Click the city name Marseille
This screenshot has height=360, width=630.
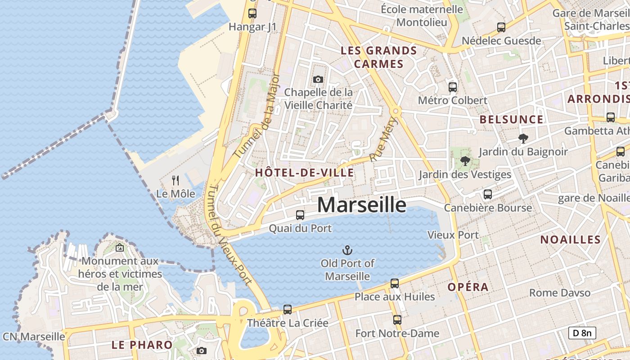click(362, 205)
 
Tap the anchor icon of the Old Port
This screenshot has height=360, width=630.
click(347, 250)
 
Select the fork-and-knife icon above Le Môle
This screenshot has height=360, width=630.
click(175, 180)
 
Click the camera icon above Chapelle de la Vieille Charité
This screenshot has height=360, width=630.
click(318, 80)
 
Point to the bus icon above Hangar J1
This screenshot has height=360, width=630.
click(252, 13)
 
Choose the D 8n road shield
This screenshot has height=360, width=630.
click(582, 333)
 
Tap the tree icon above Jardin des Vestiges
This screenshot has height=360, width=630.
click(465, 161)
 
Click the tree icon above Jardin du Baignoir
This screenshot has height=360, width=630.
click(523, 138)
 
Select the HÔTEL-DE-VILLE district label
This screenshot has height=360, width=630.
click(304, 172)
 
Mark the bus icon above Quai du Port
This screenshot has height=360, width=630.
click(300, 215)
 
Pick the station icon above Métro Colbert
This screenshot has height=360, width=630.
click(453, 87)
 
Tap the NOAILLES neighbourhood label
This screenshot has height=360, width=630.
click(570, 239)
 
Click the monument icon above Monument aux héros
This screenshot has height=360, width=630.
click(120, 247)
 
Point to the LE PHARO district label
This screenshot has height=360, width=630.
click(142, 345)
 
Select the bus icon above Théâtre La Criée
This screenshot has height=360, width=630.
click(288, 310)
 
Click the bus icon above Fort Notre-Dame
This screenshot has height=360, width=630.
click(397, 320)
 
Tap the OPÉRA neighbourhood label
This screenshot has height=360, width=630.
click(468, 287)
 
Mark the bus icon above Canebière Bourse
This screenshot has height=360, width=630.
click(487, 194)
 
